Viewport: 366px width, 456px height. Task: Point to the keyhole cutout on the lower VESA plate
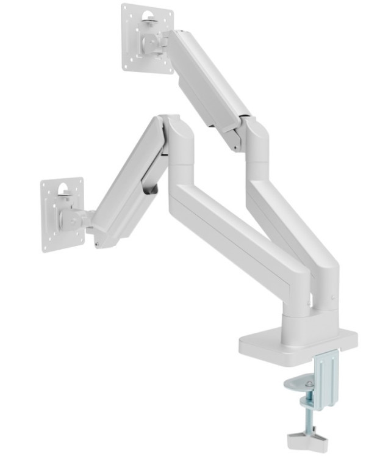(x=63, y=192)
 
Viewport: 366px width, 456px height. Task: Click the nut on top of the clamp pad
(x=309, y=383)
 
